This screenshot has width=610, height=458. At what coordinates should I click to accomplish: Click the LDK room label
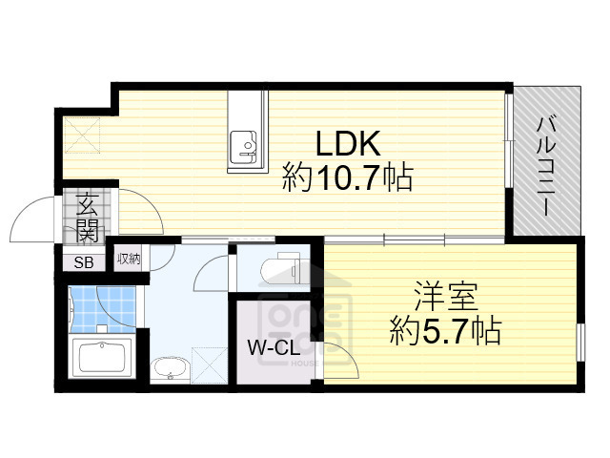pos(348,144)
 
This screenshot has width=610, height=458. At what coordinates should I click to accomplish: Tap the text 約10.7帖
pos(347,177)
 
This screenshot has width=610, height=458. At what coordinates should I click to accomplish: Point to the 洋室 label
pos(444,297)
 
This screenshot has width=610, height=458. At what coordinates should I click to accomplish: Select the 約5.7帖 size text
pos(445,331)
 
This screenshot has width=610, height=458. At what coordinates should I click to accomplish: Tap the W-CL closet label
pos(274,348)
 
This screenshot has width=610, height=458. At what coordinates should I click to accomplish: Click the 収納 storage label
pos(129,259)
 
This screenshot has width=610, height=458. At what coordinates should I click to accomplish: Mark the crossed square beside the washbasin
pos(207,365)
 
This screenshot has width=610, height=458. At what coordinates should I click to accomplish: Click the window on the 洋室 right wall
pos(579,341)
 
